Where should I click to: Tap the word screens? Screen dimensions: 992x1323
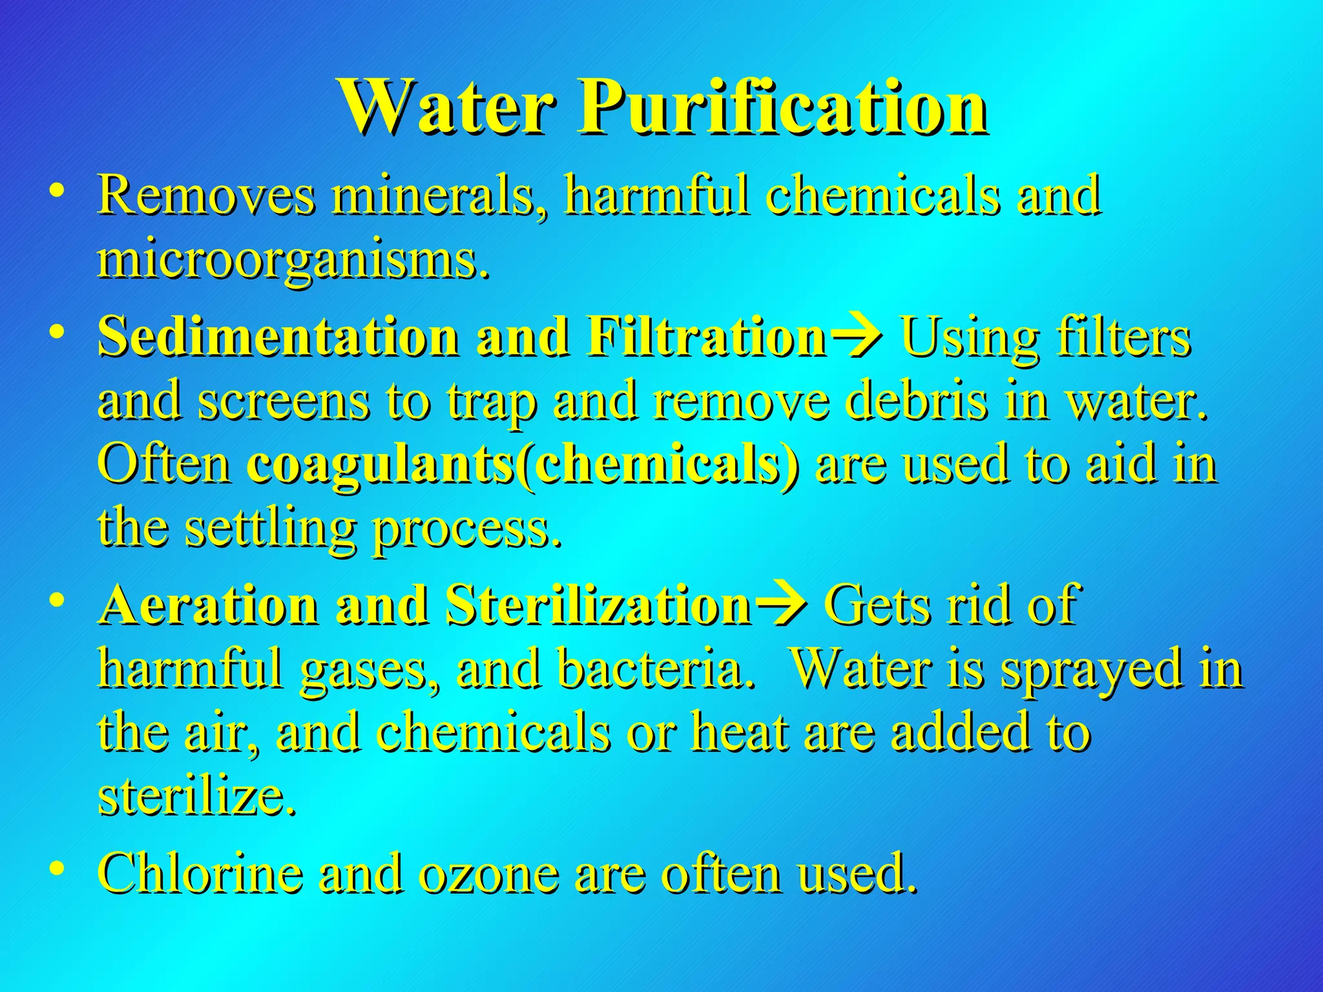(x=284, y=401)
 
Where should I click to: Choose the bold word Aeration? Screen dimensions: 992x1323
(x=210, y=605)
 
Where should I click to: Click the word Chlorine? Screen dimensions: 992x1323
(x=200, y=873)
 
